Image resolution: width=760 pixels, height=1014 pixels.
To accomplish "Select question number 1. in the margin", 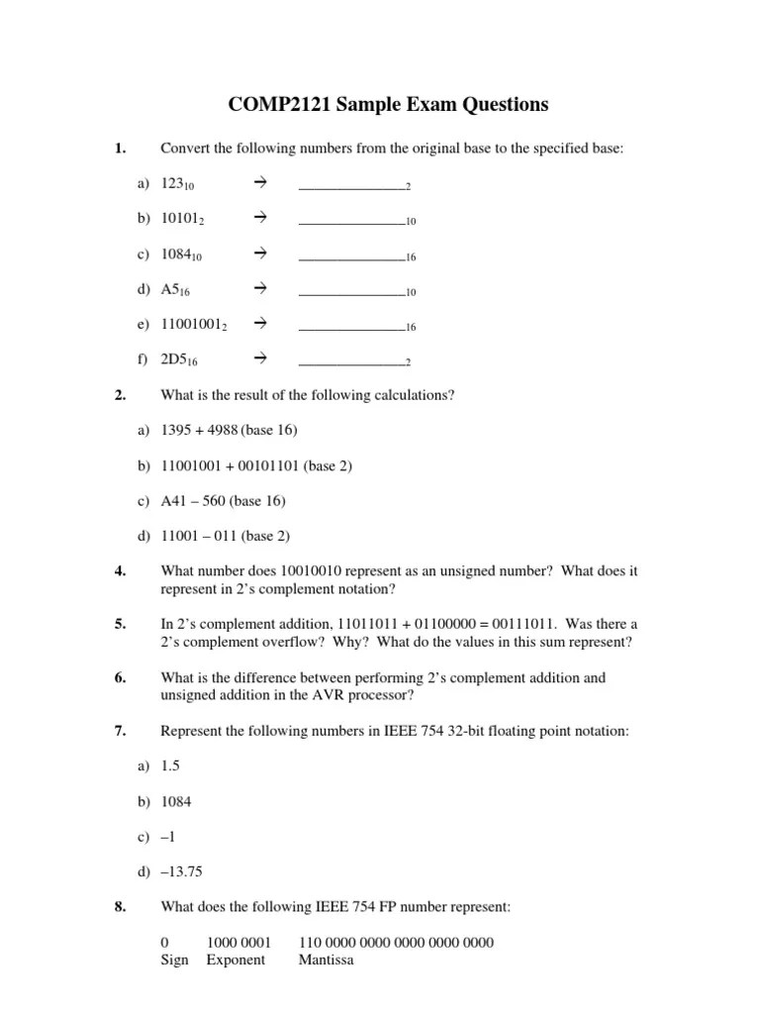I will (x=120, y=150).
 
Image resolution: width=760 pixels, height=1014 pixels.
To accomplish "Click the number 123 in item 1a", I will (x=172, y=184).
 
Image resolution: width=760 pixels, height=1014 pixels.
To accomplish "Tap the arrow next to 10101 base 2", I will (x=261, y=219).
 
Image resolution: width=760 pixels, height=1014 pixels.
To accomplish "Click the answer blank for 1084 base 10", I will (x=351, y=254).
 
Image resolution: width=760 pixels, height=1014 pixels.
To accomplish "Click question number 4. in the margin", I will (x=120, y=571).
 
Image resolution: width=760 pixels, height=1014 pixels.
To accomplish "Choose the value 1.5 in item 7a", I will (x=171, y=766).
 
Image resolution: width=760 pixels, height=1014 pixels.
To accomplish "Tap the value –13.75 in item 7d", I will (x=183, y=872).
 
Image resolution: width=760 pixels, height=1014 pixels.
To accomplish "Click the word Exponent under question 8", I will (x=236, y=960).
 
